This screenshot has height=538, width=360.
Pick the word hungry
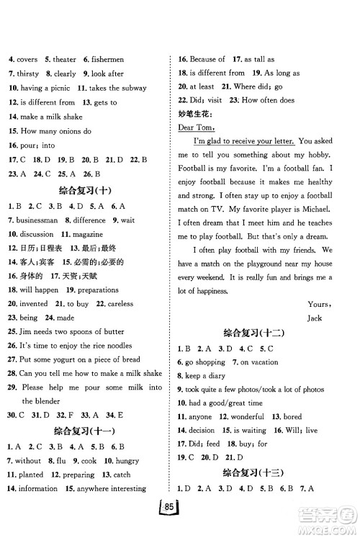pos(120,460)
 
